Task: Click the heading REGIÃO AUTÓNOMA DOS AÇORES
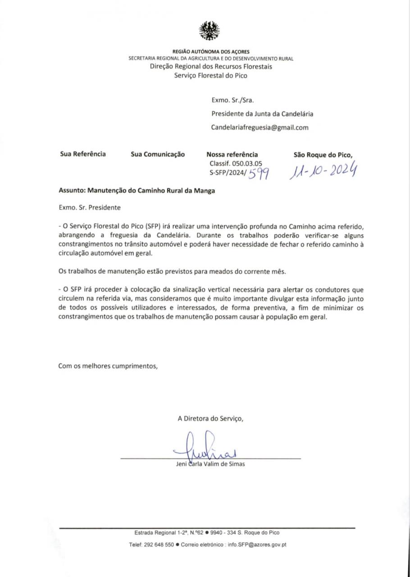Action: coord(211,52)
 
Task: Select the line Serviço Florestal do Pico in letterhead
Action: coord(211,76)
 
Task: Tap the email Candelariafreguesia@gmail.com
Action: coord(260,128)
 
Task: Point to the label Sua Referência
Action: coord(83,154)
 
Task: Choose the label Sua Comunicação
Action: coord(158,155)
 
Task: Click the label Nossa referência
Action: coord(232,155)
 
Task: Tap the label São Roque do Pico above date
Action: coord(323,155)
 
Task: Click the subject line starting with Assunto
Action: coord(137,191)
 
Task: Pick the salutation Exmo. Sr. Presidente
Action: coord(90,208)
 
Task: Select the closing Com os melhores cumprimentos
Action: coord(108,366)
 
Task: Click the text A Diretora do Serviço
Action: coord(210,419)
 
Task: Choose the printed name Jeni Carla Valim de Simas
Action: coord(210,464)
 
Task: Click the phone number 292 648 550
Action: coord(159,545)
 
